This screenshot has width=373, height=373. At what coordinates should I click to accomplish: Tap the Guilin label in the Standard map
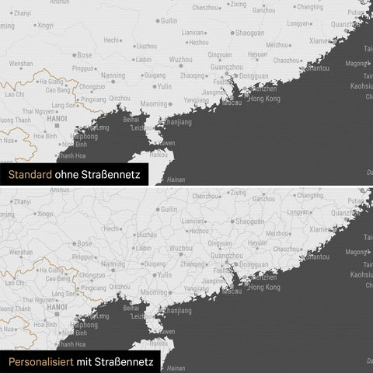coord(168,20)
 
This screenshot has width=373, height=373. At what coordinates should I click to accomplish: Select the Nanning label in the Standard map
coord(113,75)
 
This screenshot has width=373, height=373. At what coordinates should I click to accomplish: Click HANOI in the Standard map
coord(57,119)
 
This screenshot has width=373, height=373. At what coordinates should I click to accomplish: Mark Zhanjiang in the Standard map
coord(179,123)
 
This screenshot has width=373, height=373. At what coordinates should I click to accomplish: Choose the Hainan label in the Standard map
coord(176,179)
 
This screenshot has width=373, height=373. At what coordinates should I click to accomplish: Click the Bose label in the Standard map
coord(85,55)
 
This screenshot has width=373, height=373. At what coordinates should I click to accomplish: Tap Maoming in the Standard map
coord(154,103)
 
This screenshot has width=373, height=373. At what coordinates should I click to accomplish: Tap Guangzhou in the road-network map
coord(226,256)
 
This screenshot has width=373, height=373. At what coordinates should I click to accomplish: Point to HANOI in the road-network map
coord(57,308)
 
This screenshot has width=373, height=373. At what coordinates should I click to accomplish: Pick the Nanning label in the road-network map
coord(113,264)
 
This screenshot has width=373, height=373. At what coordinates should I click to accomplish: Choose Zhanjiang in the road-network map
coord(179,311)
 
